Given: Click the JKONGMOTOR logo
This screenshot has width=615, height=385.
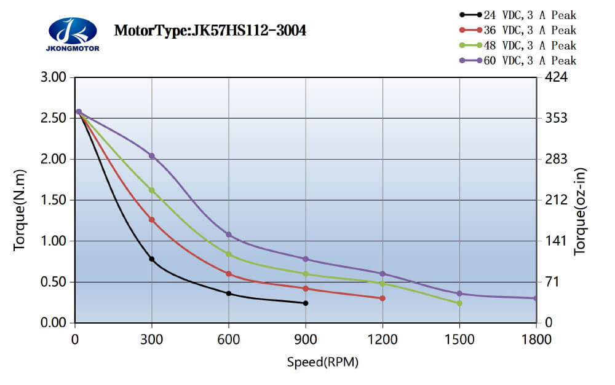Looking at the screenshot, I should [73, 34].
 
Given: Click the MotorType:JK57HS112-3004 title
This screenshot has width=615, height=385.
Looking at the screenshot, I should [210, 30].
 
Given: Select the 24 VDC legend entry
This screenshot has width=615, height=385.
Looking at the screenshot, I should [517, 15].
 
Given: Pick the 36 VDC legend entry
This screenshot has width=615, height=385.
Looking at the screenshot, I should [517, 29].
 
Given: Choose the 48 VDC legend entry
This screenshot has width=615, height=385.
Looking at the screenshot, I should [517, 45].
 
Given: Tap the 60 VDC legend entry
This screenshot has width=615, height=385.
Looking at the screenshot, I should [517, 60].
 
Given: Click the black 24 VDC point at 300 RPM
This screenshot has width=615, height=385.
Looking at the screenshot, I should [152, 259].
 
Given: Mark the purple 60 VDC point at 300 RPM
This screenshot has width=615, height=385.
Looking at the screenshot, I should [152, 156].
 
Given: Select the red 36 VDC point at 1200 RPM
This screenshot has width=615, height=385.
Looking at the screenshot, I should [383, 298].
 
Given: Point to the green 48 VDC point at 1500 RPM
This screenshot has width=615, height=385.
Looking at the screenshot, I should [459, 303].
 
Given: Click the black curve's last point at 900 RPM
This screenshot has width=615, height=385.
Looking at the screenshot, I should [306, 303].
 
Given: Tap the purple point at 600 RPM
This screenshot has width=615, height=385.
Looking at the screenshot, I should [229, 235].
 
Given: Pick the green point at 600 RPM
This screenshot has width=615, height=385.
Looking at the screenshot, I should [229, 254].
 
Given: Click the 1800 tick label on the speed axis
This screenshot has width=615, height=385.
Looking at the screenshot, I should [536, 338].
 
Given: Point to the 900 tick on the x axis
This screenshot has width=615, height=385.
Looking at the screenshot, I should [306, 338].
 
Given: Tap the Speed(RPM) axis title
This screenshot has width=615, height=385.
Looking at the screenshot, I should [322, 362].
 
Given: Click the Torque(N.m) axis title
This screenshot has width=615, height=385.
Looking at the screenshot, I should [20, 200].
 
